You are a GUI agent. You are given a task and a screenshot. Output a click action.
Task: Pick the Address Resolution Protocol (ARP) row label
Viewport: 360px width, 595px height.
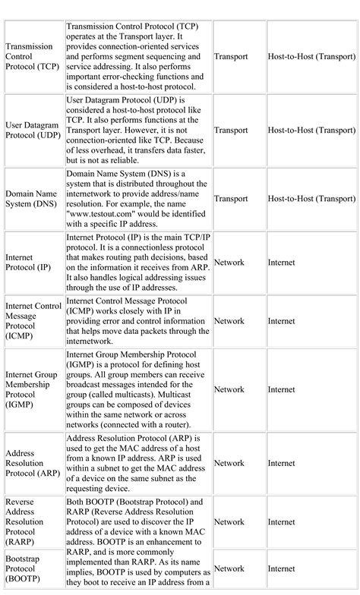(33, 462)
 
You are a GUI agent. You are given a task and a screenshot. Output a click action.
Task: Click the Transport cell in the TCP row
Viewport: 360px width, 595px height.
(231, 56)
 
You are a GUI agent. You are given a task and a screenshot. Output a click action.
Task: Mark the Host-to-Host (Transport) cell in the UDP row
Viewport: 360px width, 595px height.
(311, 130)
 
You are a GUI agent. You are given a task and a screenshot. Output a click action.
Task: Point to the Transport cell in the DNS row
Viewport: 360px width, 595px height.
(231, 199)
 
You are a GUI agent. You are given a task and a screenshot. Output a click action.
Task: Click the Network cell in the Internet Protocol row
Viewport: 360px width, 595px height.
(229, 262)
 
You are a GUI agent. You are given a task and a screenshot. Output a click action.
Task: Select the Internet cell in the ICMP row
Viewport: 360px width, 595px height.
(281, 321)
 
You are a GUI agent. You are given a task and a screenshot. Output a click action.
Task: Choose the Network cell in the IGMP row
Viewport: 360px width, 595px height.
(229, 389)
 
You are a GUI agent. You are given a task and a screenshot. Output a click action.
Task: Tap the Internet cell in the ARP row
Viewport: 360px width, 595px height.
(281, 462)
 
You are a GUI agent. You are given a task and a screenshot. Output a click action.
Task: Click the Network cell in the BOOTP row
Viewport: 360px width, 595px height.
(229, 568)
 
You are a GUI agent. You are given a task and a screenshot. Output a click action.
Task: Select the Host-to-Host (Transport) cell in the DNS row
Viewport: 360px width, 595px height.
(311, 199)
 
